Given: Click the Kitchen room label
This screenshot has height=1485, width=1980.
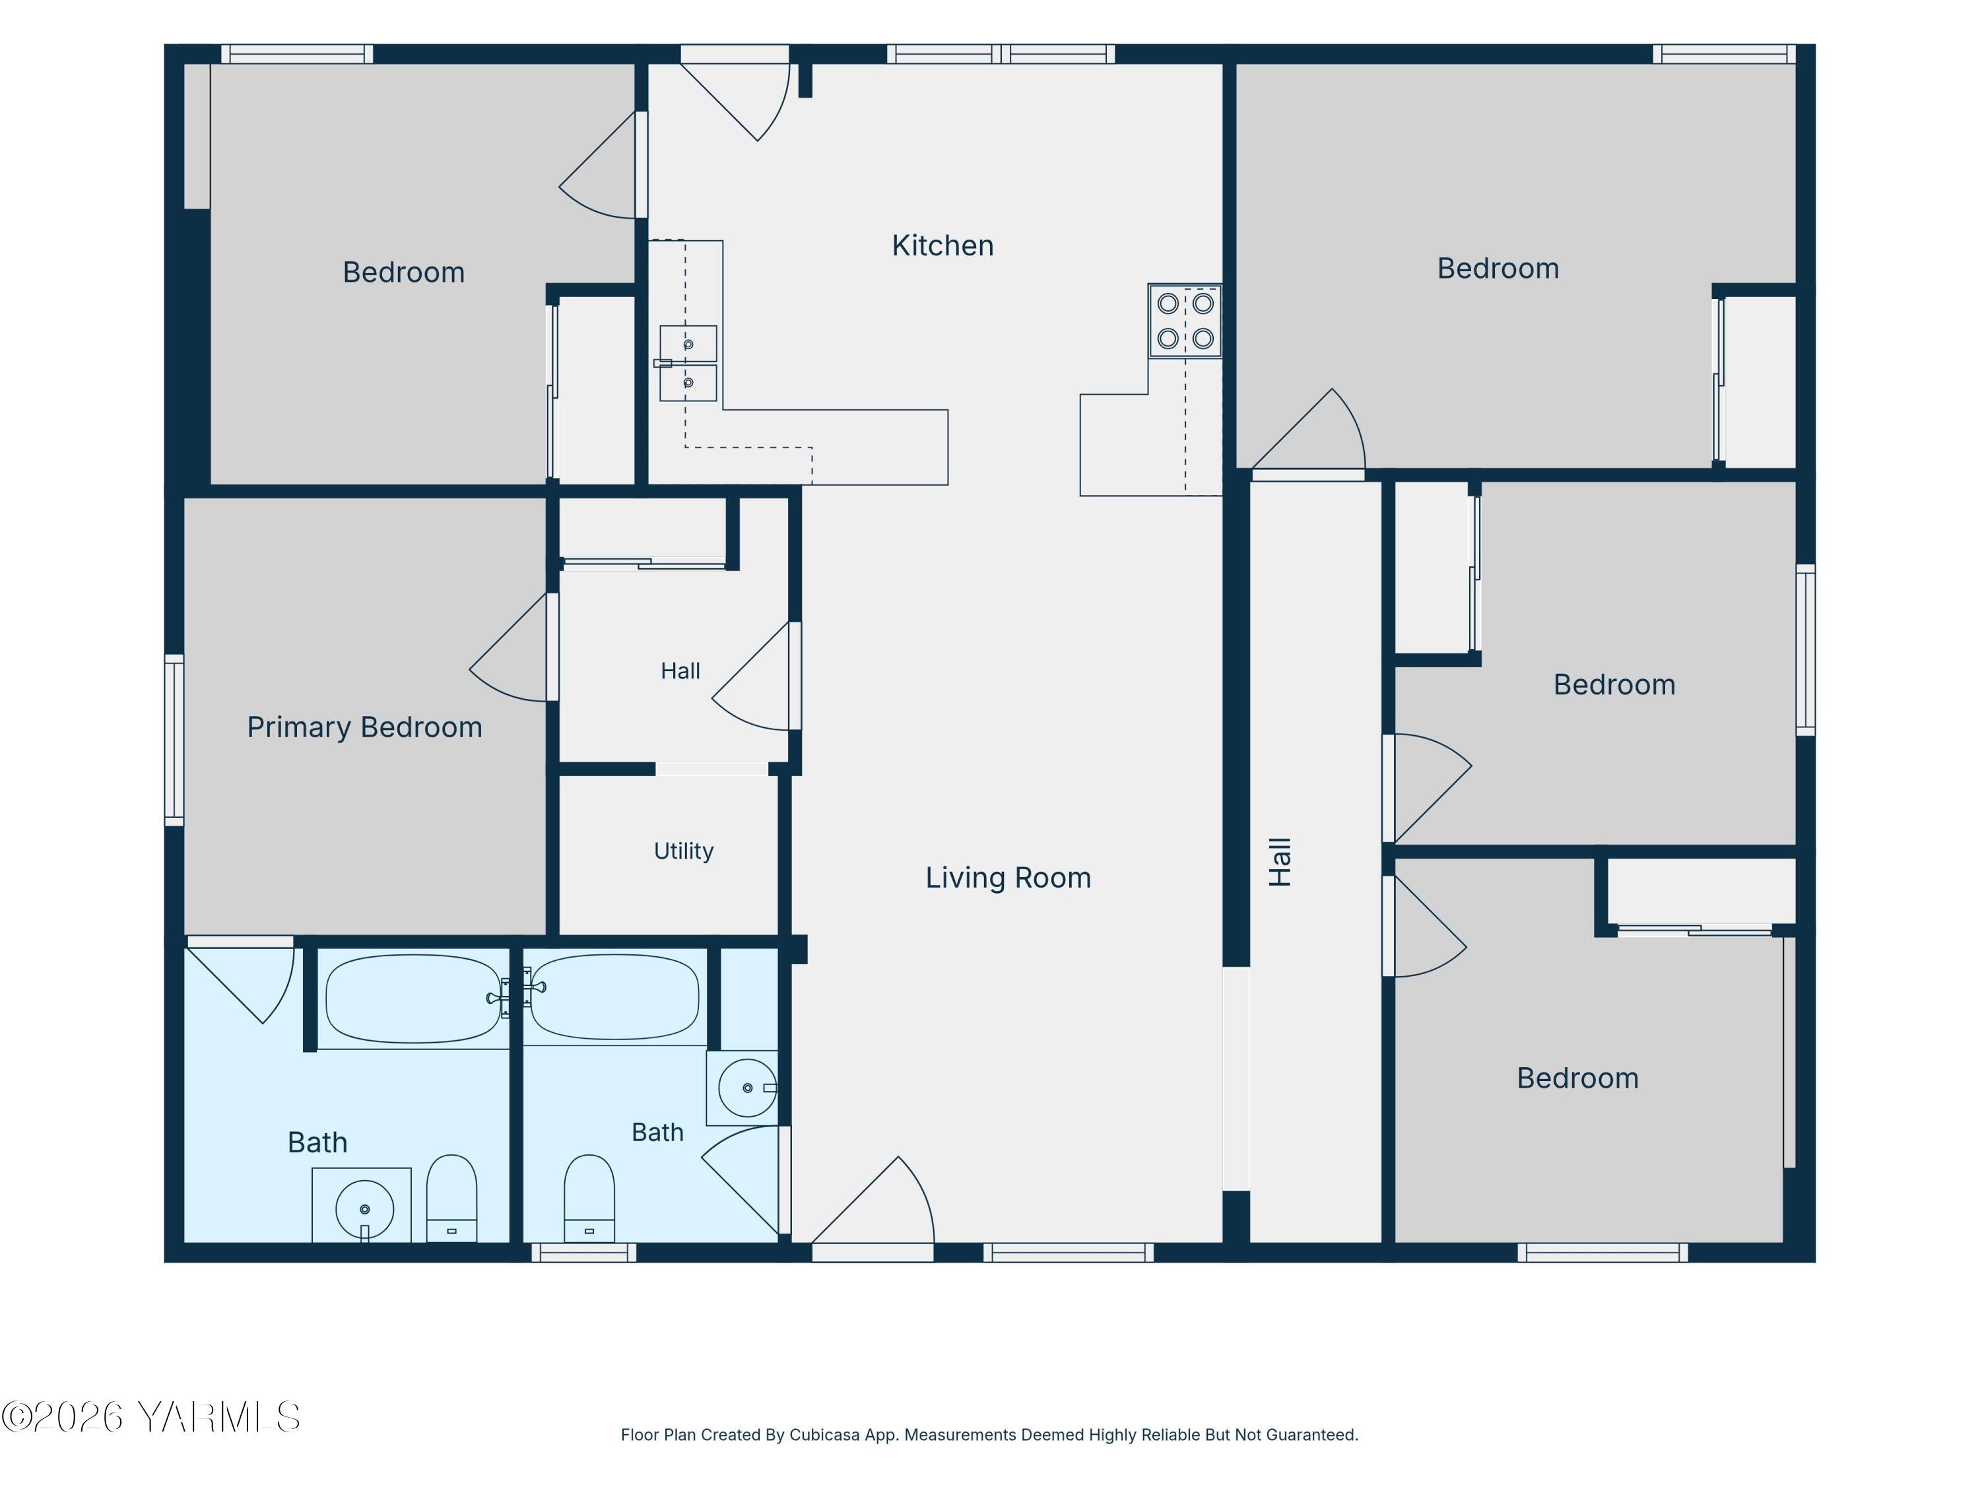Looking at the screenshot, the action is point(942,246).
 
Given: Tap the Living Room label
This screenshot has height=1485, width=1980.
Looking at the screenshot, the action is point(1008,877).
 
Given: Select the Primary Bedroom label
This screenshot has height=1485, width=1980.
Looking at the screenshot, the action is point(364,727).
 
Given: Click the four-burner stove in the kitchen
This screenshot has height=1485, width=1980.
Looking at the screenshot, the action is point(1185,321).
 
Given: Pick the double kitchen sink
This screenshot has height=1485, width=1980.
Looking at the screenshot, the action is point(688,362).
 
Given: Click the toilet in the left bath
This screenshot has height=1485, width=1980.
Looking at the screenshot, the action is point(451,1199).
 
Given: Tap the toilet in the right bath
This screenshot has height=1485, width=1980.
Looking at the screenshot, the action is point(589,1199).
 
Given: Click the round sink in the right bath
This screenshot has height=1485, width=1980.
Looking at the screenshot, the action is point(746,1088).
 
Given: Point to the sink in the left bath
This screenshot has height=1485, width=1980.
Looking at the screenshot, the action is point(364,1209).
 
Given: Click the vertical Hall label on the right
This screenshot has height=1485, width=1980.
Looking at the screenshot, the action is point(1280,862).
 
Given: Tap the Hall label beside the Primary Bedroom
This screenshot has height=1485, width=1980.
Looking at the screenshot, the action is point(680,671).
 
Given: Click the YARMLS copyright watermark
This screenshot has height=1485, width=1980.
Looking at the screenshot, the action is point(150,1417).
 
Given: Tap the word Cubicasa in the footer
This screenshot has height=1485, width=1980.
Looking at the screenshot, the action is point(824,1435).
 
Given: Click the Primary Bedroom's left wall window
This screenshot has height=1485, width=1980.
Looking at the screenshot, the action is point(174,739).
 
